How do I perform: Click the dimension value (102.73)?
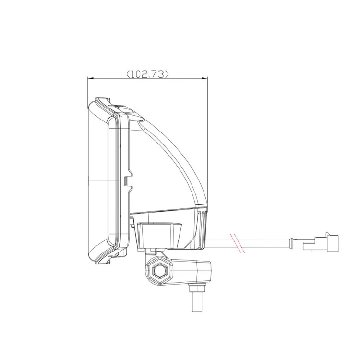147,74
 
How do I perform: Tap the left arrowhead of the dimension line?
90,79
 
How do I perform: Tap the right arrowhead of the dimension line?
204,79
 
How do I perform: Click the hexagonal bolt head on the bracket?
159,272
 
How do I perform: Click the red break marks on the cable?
238,243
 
